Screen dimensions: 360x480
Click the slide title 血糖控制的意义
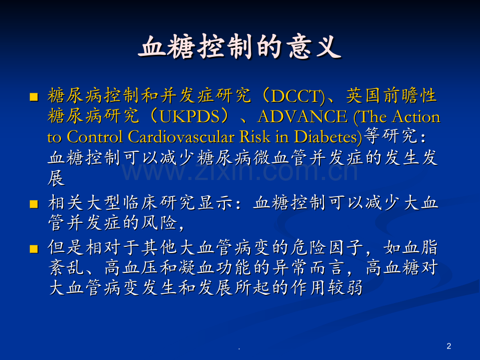(x=240, y=48)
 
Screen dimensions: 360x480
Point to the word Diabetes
(x=325, y=137)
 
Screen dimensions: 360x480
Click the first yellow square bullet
(x=34, y=97)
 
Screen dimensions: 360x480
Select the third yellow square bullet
(x=34, y=247)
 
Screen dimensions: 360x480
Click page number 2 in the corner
(x=449, y=346)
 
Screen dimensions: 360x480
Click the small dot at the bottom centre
(x=239, y=349)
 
